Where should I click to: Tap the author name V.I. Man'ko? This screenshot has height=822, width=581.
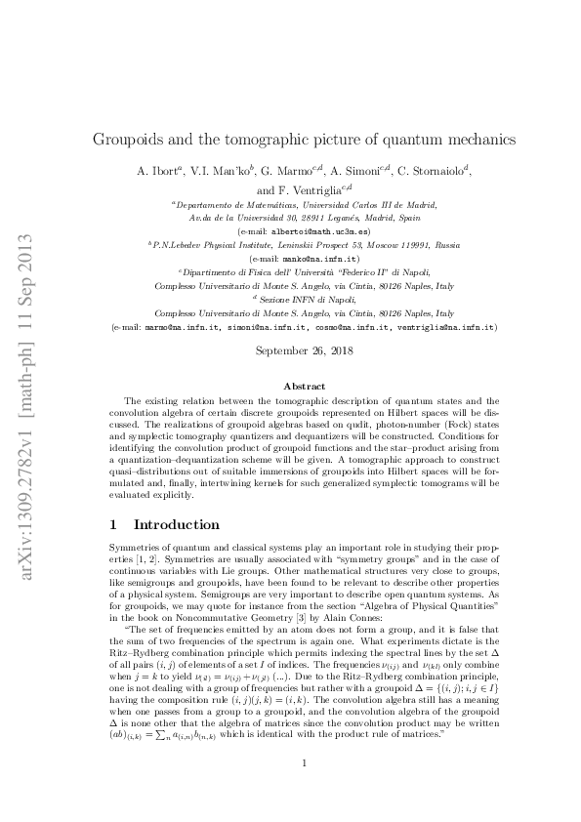[x=222, y=170]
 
